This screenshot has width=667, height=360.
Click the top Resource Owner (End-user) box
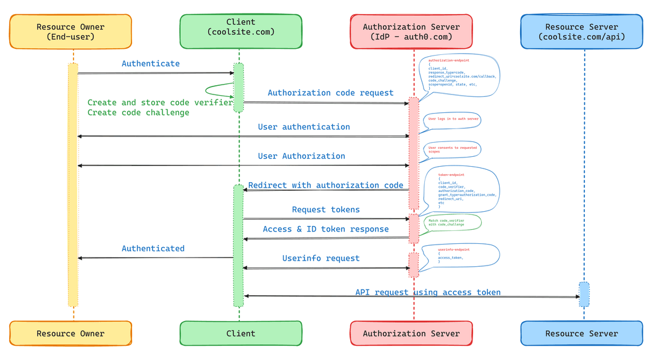[x=70, y=31]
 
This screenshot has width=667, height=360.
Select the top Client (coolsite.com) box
[x=241, y=31]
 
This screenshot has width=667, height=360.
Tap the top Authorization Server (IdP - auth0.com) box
[x=411, y=31]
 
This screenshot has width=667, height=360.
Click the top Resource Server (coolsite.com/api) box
[x=582, y=31]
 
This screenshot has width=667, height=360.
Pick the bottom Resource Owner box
[x=70, y=333]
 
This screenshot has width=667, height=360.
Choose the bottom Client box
[x=241, y=333]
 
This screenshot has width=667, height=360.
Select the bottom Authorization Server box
[x=411, y=333]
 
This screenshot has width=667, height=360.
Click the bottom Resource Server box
[x=582, y=333]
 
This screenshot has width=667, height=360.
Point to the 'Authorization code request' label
[x=330, y=93]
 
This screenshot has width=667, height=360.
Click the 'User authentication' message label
[x=304, y=127]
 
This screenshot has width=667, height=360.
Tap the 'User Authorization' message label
[x=301, y=156]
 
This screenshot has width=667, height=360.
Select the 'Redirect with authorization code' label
[x=325, y=185]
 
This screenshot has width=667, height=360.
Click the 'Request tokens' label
[x=325, y=210]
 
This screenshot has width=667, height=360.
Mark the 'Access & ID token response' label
[x=325, y=229]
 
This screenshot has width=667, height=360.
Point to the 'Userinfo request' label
[x=321, y=258]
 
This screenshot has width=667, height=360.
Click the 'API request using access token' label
[x=427, y=292]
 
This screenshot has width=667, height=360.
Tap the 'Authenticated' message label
[x=153, y=248]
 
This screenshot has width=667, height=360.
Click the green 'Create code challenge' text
[x=138, y=112]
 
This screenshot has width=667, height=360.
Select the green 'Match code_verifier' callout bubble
[x=451, y=222]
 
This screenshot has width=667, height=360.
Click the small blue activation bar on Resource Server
[x=584, y=295]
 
